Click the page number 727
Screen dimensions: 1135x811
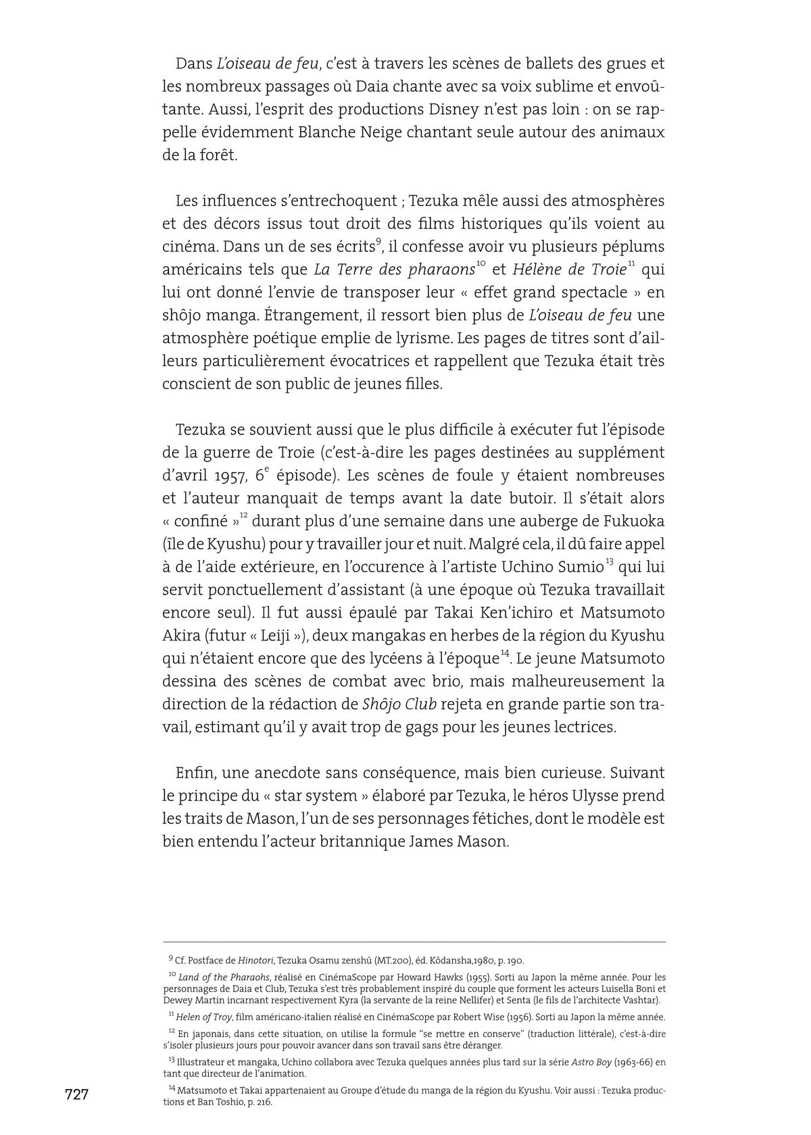(x=76, y=1094)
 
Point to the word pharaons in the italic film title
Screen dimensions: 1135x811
(x=441, y=270)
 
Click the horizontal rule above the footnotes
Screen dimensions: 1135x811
(x=414, y=942)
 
